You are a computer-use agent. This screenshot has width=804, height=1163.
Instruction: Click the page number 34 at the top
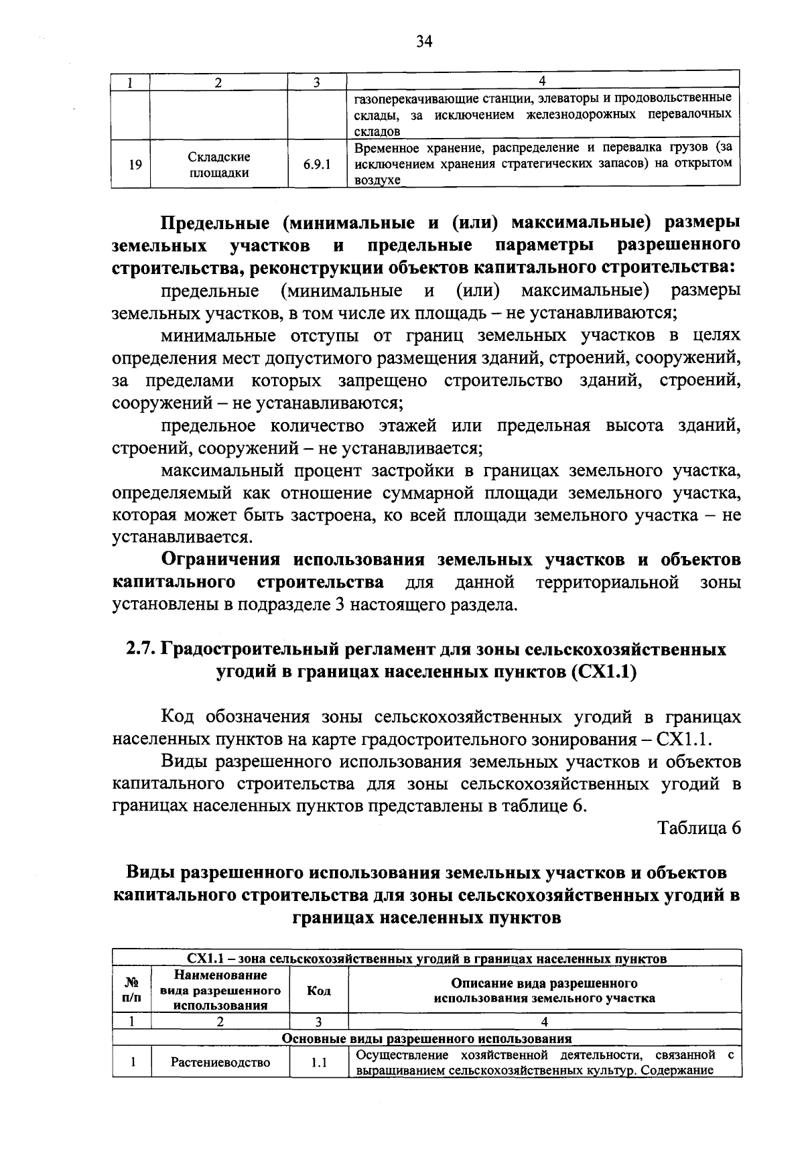pos(423,42)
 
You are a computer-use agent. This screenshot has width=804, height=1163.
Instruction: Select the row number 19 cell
pos(135,164)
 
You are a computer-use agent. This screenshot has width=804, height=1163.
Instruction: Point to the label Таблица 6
pos(699,828)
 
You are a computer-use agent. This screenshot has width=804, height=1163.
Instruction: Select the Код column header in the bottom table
pos(318,991)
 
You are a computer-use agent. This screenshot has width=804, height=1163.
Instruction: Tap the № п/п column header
pos(132,990)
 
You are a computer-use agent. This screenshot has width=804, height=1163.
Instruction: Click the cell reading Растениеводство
pos(220,1063)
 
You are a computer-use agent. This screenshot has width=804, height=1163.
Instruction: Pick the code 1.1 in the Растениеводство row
pos(318,1063)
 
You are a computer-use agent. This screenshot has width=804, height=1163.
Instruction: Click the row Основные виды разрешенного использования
pos(427,1039)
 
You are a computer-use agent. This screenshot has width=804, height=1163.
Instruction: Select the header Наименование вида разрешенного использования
pos(220,990)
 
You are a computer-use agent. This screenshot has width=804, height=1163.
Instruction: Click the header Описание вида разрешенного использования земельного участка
pos(544,991)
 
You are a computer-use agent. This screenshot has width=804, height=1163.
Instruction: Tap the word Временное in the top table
pos(385,147)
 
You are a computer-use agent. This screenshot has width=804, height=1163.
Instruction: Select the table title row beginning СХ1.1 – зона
pos(427,958)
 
